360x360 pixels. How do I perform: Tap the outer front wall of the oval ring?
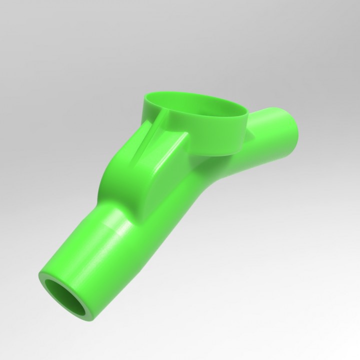click(x=220, y=132)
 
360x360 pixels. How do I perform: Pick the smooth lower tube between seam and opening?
click(x=85, y=260)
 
